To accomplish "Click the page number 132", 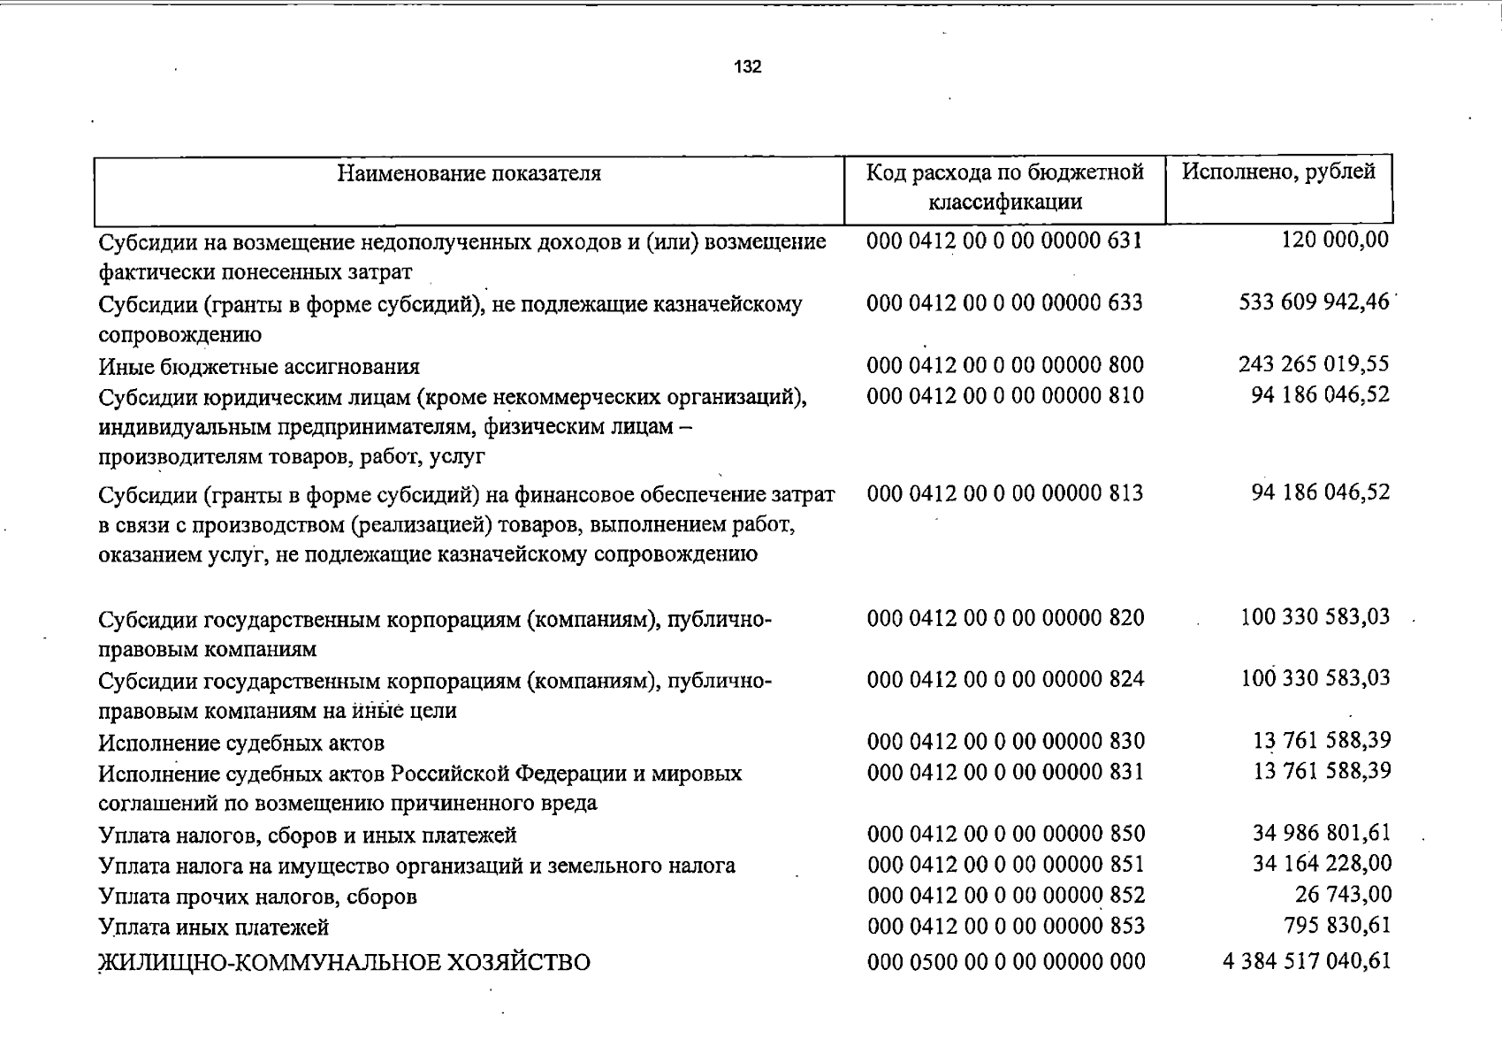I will [747, 67].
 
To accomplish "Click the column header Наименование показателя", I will [469, 173].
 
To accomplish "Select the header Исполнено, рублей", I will [1278, 172].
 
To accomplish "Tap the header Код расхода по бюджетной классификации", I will [1005, 187].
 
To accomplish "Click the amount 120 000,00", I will [1335, 240].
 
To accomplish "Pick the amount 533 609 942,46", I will [1314, 302].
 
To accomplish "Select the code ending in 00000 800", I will [1005, 364].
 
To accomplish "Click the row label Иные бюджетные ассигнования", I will [259, 366].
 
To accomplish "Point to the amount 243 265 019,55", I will [1314, 363].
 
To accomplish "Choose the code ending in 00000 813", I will [1005, 492].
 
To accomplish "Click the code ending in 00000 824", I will [1005, 679].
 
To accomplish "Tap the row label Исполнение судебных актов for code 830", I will [241, 742].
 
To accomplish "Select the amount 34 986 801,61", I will [1321, 833].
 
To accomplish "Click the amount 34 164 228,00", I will [1321, 863].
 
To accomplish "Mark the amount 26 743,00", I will [1343, 895].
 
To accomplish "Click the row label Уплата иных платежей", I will [214, 927].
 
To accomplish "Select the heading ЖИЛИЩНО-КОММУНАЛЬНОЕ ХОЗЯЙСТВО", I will [344, 962].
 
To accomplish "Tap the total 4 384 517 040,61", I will [1307, 960].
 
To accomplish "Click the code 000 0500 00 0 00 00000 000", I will [1006, 961].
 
